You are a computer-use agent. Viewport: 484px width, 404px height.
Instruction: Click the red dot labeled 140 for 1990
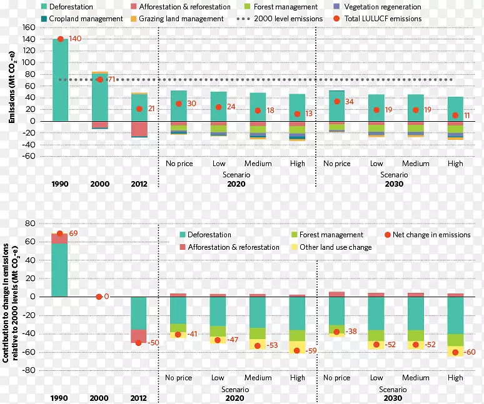point(61,39)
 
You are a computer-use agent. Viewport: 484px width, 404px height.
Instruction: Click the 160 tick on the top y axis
point(29,28)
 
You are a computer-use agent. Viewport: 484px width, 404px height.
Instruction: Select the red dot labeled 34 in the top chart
point(337,101)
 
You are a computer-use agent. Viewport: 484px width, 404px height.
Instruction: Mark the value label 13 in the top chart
point(308,114)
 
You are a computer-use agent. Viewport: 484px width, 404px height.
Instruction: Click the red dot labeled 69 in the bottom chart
point(60,234)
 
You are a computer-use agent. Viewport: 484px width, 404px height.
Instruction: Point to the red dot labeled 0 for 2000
point(99,297)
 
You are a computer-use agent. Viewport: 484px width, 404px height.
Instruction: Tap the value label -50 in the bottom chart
point(154,343)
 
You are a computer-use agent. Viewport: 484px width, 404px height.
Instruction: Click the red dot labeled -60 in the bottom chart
point(455,352)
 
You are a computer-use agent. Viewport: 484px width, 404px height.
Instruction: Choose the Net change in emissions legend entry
point(428,235)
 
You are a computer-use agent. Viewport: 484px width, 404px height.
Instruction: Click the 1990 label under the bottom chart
point(60,398)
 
